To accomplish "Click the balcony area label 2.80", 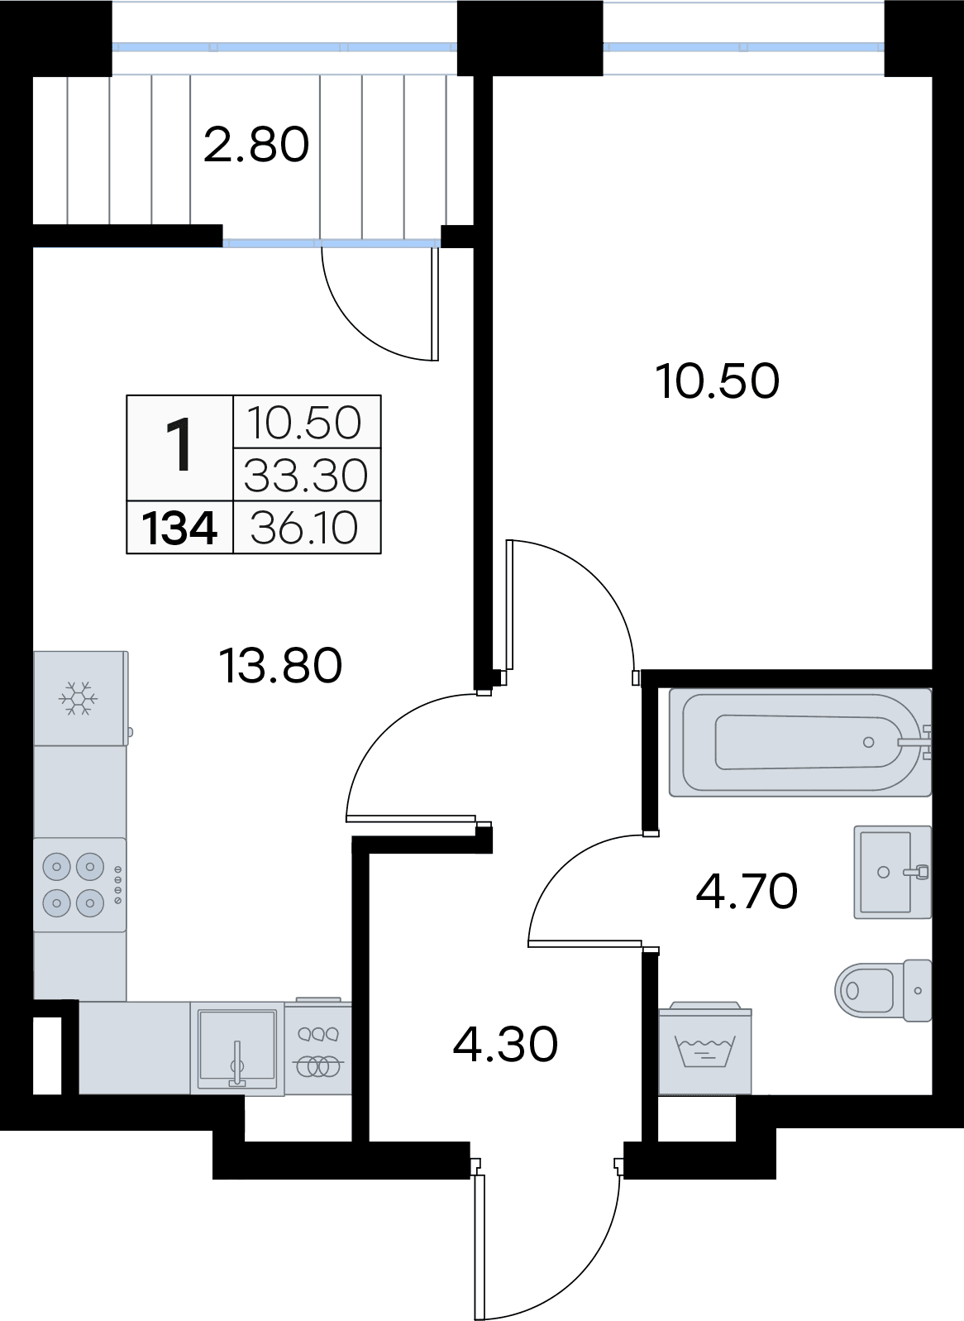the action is coord(256,145).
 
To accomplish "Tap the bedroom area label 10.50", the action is coord(718,381).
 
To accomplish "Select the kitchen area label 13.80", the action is coord(280,665).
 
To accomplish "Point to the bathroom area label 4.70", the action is coord(747,891).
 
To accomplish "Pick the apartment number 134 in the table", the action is coord(180,528).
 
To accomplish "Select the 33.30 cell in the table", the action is coord(306,476).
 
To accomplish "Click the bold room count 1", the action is coord(180,444).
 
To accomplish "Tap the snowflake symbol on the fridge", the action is coord(78,699).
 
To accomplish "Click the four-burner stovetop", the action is coord(79,884).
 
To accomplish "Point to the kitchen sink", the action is coord(237,1049).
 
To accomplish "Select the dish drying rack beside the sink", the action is coord(318,1048).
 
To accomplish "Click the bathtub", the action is coord(800,743).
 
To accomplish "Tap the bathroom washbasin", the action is coord(893,872).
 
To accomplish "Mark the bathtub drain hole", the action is coord(868,743).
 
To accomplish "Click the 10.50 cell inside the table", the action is coord(304,423).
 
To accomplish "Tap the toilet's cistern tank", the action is coord(918,990).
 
